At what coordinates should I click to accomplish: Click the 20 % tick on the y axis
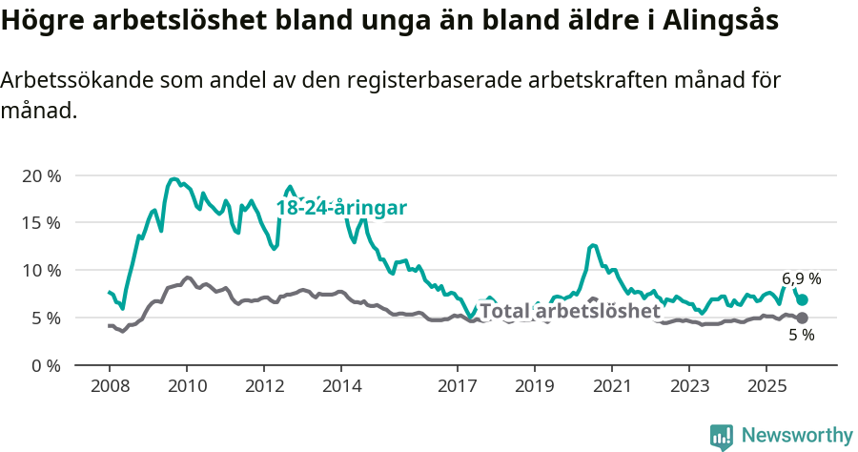[42, 176]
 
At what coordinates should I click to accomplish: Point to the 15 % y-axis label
[42, 223]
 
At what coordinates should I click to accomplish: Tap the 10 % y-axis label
[42, 270]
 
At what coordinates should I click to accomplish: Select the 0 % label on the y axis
[46, 364]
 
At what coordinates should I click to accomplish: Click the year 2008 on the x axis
[109, 386]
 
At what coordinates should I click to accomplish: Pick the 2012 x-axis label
[264, 386]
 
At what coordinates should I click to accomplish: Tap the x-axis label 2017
[458, 386]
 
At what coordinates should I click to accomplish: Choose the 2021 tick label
[612, 386]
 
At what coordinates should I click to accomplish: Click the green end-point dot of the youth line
[803, 299]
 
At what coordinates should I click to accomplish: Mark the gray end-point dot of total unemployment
[803, 318]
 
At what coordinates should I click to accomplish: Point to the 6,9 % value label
[802, 278]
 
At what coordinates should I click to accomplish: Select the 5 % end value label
[802, 336]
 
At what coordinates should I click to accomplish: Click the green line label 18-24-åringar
[342, 208]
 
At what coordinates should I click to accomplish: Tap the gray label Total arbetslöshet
[570, 311]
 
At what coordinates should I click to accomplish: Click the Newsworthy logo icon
[722, 437]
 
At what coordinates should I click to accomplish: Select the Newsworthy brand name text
[797, 436]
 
